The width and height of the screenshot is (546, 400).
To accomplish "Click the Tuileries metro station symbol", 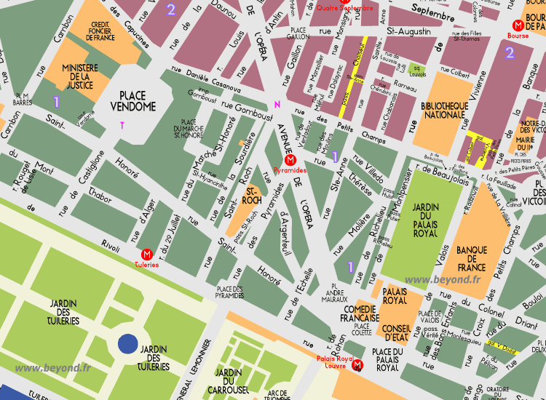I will coord(147,255).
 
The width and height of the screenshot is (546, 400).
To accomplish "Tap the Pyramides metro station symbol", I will coord(290,160).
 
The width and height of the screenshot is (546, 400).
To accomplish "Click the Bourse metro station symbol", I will coord(518,25).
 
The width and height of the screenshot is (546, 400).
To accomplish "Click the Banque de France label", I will coord(471,259).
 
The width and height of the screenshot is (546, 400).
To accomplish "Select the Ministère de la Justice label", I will coord(79,76).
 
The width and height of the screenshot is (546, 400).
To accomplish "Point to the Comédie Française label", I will coord(360,313).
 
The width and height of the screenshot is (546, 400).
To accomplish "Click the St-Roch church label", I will coord(251,196).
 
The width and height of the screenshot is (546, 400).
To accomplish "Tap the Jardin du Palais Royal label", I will coord(425,217).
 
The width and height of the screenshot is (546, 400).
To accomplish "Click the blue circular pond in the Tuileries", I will coord(128,344).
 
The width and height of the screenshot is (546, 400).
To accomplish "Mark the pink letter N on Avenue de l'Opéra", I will coord(277,104).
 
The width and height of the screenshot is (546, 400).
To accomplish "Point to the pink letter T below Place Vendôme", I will coord(122,125).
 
